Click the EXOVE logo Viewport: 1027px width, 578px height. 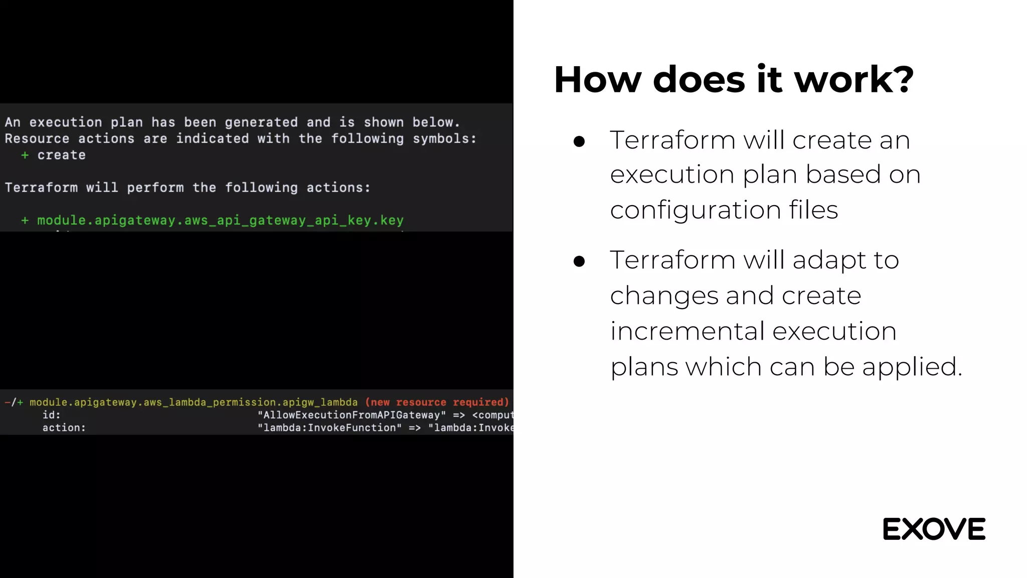934,529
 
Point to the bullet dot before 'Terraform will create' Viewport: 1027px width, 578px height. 579,141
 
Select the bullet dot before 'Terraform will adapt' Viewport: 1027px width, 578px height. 579,261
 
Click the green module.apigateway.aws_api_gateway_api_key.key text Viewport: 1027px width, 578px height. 220,220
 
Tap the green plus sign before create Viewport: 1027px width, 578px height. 25,156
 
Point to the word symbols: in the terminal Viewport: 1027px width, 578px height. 444,138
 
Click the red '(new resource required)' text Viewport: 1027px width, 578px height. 437,402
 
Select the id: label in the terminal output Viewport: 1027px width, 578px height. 51,415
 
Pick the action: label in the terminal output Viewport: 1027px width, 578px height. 64,428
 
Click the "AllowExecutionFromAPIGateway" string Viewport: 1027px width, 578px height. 352,415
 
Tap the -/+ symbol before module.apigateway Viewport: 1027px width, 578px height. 14,402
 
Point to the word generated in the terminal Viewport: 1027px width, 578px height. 261,122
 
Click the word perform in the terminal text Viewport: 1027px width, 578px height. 155,188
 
